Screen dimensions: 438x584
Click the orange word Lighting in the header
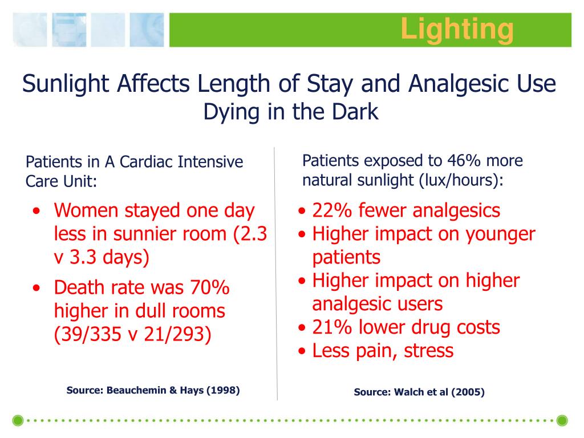[456, 29]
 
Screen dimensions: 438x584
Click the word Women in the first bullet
[87, 210]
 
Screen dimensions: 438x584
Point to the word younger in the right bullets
[497, 234]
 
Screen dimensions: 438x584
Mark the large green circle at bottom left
[18, 421]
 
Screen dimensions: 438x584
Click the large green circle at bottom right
[562, 421]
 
